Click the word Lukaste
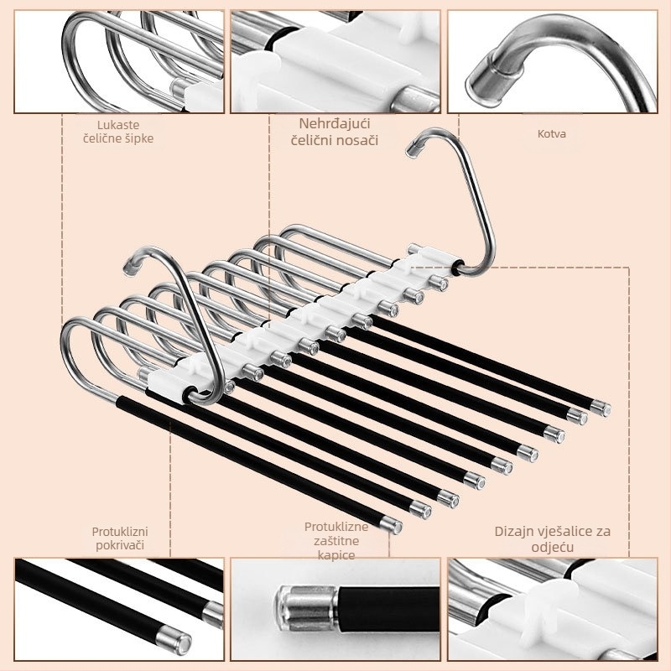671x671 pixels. click(118, 125)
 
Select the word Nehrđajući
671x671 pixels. click(335, 123)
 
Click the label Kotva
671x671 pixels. click(552, 134)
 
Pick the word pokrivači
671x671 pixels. click(120, 545)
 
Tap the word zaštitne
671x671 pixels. click(336, 541)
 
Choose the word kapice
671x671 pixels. click(336, 555)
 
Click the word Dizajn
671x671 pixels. click(514, 532)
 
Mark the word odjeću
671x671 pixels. click(553, 548)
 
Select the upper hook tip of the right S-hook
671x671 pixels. click(413, 148)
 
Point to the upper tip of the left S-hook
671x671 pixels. click(129, 268)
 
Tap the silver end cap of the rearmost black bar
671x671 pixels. click(600, 408)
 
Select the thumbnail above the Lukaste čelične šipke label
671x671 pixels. click(119, 61)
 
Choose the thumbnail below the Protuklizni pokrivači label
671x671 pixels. click(119, 610)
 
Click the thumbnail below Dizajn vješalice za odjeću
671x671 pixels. click(553, 610)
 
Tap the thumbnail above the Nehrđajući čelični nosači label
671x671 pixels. click(335, 61)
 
